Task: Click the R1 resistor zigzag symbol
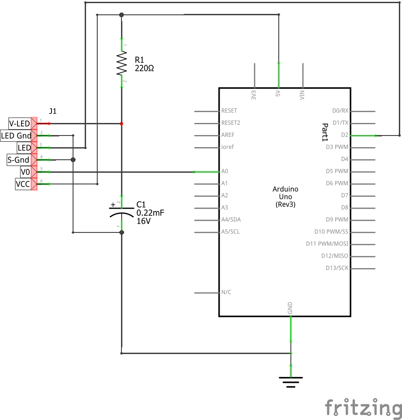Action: (x=121, y=63)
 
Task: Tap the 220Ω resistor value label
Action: (x=144, y=68)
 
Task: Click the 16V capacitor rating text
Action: (x=143, y=221)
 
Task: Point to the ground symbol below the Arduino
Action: (x=291, y=381)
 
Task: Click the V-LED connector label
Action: (x=20, y=123)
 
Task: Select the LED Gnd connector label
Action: (x=17, y=136)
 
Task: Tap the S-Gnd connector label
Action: (x=19, y=160)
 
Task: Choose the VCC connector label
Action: (x=23, y=184)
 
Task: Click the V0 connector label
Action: (x=25, y=172)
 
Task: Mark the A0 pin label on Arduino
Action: (x=225, y=171)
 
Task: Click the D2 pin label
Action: (x=344, y=135)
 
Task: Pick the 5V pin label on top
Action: (x=278, y=94)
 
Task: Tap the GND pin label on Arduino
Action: (x=290, y=308)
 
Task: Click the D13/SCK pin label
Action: (x=337, y=268)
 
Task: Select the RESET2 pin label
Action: (x=230, y=122)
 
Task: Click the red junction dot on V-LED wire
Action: (x=121, y=123)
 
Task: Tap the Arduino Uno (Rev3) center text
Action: (x=285, y=197)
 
